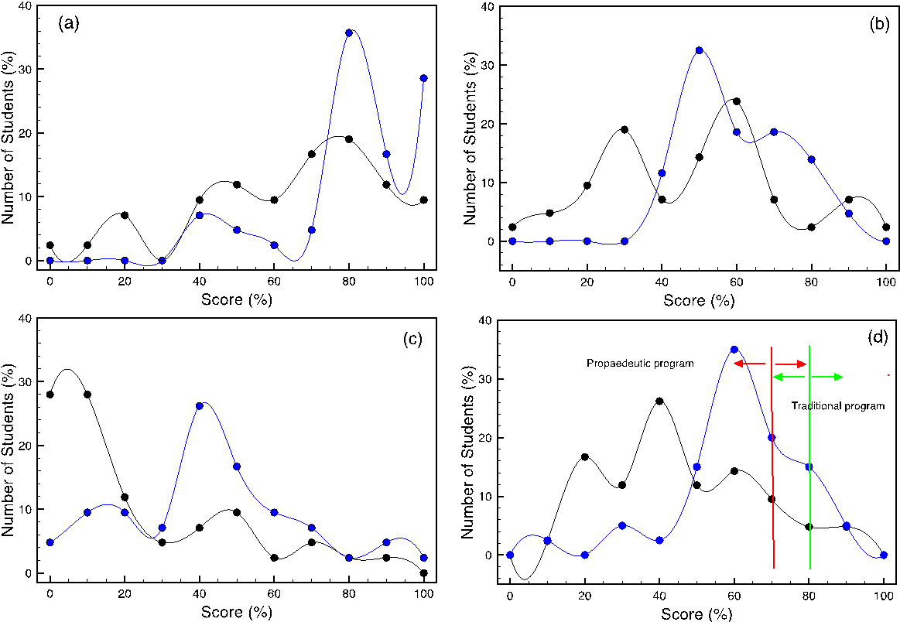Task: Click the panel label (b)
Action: click(880, 24)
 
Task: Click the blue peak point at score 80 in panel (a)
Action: click(349, 32)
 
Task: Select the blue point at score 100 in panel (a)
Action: click(423, 78)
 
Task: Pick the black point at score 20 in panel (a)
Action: click(125, 215)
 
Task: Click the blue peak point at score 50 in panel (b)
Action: click(699, 50)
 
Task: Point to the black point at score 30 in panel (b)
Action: click(624, 129)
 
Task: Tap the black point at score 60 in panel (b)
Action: click(736, 101)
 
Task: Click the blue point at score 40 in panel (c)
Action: click(200, 405)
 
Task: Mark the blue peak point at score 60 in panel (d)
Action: click(734, 349)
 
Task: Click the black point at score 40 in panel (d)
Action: click(659, 401)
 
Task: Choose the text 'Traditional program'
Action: click(837, 405)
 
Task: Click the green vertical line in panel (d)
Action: click(809, 464)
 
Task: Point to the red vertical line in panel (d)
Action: click(772, 464)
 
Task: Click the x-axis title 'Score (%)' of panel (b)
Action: click(699, 300)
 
